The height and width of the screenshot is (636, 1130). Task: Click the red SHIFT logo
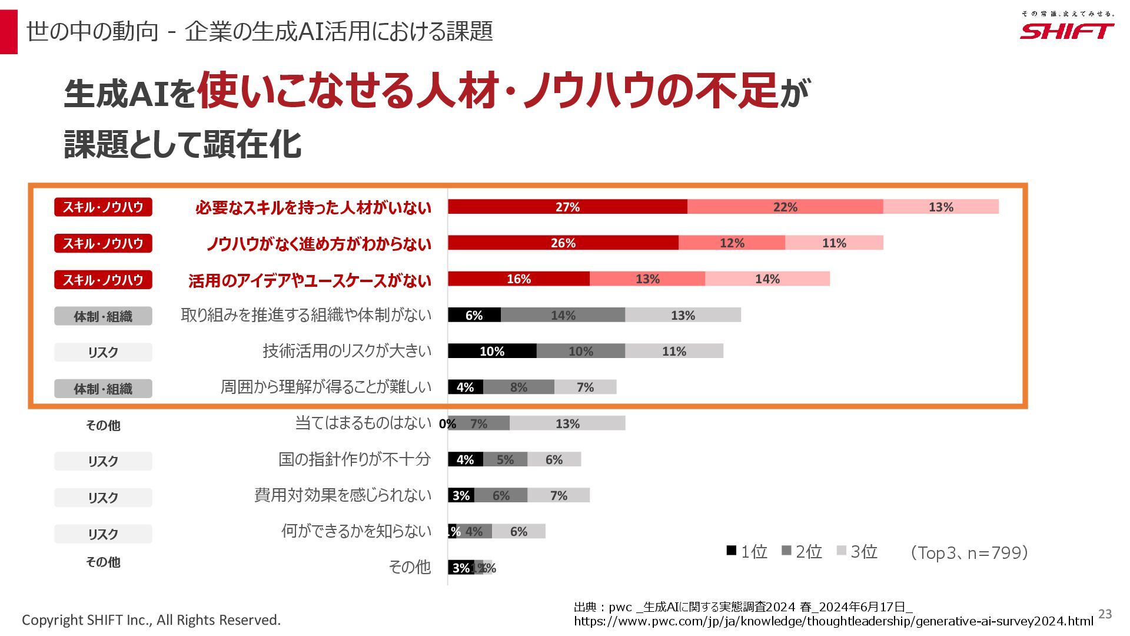1066,31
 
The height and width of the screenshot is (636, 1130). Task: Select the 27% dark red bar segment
567,207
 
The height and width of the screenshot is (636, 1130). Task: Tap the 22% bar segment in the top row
785,207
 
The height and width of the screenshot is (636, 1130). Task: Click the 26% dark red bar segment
563,243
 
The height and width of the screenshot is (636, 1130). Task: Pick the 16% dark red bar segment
519,279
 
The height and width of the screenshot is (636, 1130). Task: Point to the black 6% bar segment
474,315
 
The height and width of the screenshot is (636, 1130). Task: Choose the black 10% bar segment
492,351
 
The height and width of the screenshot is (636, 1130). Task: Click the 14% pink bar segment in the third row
767,279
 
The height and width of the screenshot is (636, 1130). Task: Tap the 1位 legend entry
747,552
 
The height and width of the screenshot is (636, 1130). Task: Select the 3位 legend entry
858,552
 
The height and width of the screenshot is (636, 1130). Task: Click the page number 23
1105,614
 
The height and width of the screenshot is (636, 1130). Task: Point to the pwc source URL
833,621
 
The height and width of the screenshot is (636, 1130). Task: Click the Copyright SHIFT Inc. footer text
151,620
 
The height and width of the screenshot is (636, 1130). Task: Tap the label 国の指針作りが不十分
354,459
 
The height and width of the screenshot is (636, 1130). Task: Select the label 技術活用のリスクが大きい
347,351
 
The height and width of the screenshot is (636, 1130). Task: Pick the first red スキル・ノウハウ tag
103,207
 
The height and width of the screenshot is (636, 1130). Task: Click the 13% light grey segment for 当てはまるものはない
567,423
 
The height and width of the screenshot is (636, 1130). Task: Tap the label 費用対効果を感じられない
343,495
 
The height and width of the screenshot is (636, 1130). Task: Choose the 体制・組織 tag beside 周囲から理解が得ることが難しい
103,389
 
